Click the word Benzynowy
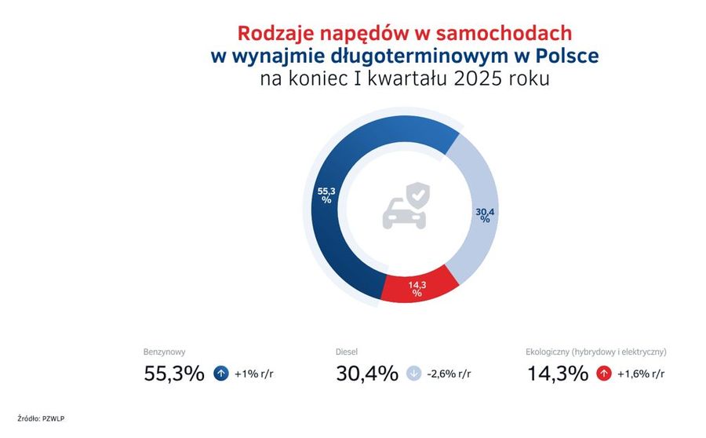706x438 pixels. point(165,352)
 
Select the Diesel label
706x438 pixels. point(347,352)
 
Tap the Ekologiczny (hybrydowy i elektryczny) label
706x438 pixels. point(595,352)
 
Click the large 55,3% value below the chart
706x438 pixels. point(174,374)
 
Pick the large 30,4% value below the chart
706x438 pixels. point(367,374)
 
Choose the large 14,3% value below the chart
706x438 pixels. point(558,374)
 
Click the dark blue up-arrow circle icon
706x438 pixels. point(221,374)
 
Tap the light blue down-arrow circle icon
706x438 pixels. point(413,374)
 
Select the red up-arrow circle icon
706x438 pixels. point(604,374)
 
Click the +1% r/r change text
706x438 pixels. point(254,374)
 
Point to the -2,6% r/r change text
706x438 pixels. point(449,374)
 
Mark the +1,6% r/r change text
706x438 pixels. point(641,374)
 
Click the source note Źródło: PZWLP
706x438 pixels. point(41,418)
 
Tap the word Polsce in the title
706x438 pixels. point(567,56)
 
